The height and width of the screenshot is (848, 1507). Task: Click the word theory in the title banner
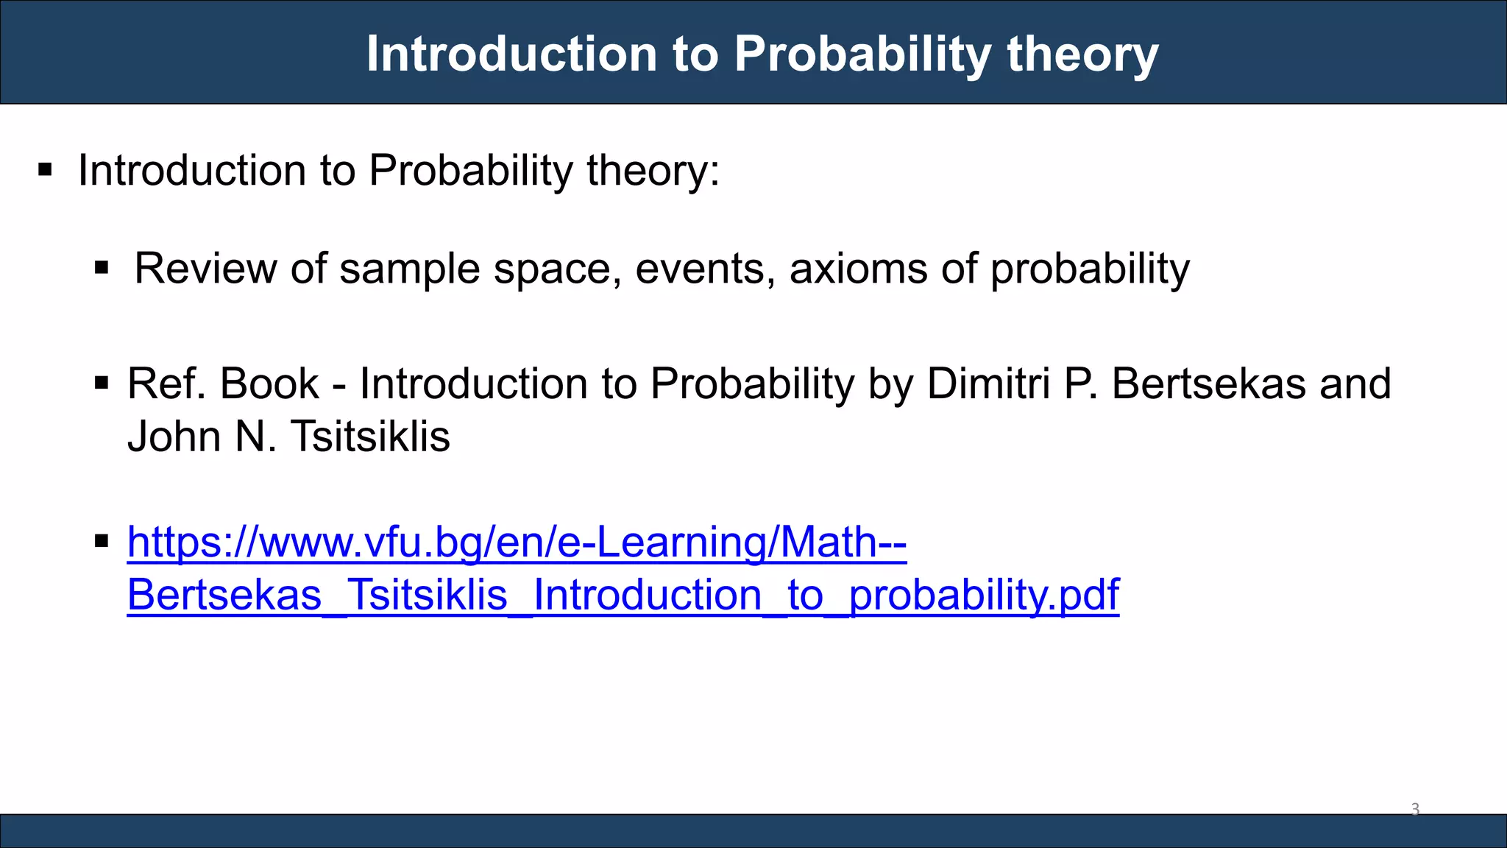click(x=1082, y=54)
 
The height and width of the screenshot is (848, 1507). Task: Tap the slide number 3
click(x=1414, y=810)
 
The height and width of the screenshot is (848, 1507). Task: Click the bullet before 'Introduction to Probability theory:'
click(x=46, y=171)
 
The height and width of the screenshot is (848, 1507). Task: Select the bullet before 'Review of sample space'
click(x=102, y=268)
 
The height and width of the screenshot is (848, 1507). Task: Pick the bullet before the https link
click(x=102, y=542)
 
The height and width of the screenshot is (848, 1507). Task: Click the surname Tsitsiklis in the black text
click(x=370, y=437)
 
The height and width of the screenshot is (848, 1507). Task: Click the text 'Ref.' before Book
click(x=167, y=384)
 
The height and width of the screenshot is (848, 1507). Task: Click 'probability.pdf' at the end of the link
click(x=984, y=595)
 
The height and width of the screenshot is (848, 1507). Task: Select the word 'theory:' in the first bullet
click(x=653, y=171)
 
